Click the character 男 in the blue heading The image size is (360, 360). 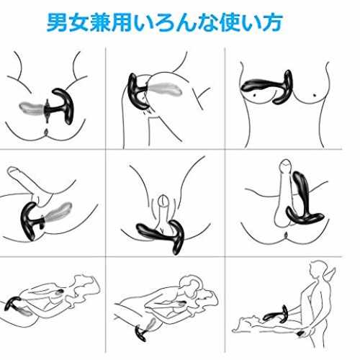(x=57, y=22)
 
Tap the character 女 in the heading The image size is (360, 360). (x=78, y=22)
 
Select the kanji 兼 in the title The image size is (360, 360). (x=100, y=22)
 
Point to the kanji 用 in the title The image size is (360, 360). (x=122, y=22)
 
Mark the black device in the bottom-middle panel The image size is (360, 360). (x=141, y=333)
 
